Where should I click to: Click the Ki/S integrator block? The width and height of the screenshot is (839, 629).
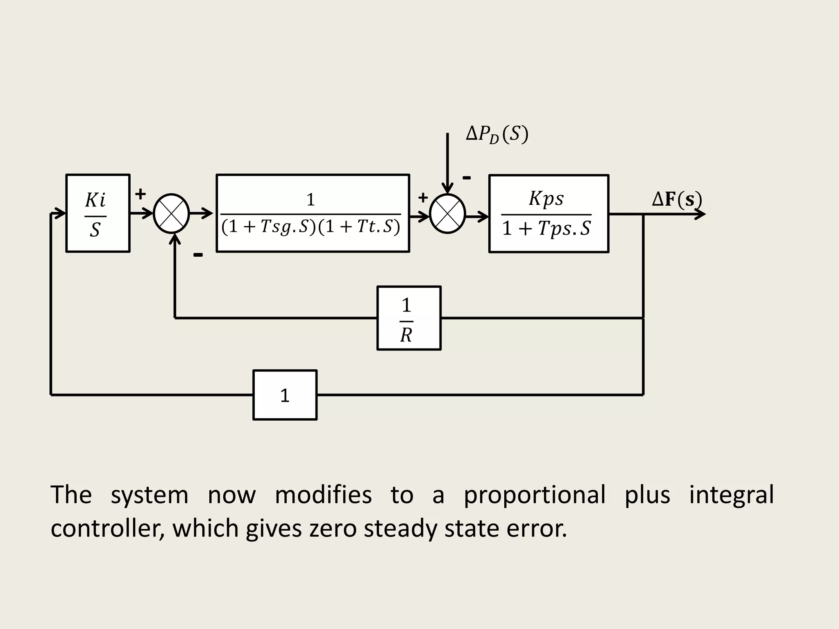[98, 213]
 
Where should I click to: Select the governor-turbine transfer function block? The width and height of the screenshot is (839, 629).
[313, 213]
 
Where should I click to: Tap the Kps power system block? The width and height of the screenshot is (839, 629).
[549, 214]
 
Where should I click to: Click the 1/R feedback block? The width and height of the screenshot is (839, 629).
[409, 318]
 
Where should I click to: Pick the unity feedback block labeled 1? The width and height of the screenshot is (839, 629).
[285, 395]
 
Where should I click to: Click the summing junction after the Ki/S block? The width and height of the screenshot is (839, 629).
[171, 213]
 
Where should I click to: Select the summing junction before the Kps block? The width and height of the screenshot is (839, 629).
[448, 214]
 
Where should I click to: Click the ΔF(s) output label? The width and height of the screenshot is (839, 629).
[677, 199]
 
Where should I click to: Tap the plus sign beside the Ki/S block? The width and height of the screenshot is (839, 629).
[141, 194]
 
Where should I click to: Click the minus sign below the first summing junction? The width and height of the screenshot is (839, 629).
[198, 255]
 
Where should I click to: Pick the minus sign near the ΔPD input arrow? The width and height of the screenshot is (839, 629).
[467, 178]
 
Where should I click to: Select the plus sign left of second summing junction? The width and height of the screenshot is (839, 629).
[423, 198]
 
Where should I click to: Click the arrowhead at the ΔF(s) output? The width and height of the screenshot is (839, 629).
[701, 214]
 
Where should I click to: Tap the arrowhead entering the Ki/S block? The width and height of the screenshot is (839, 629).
[61, 213]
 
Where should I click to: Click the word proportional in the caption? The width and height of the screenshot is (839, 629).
[534, 495]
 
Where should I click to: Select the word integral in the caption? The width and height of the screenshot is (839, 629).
[731, 495]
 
